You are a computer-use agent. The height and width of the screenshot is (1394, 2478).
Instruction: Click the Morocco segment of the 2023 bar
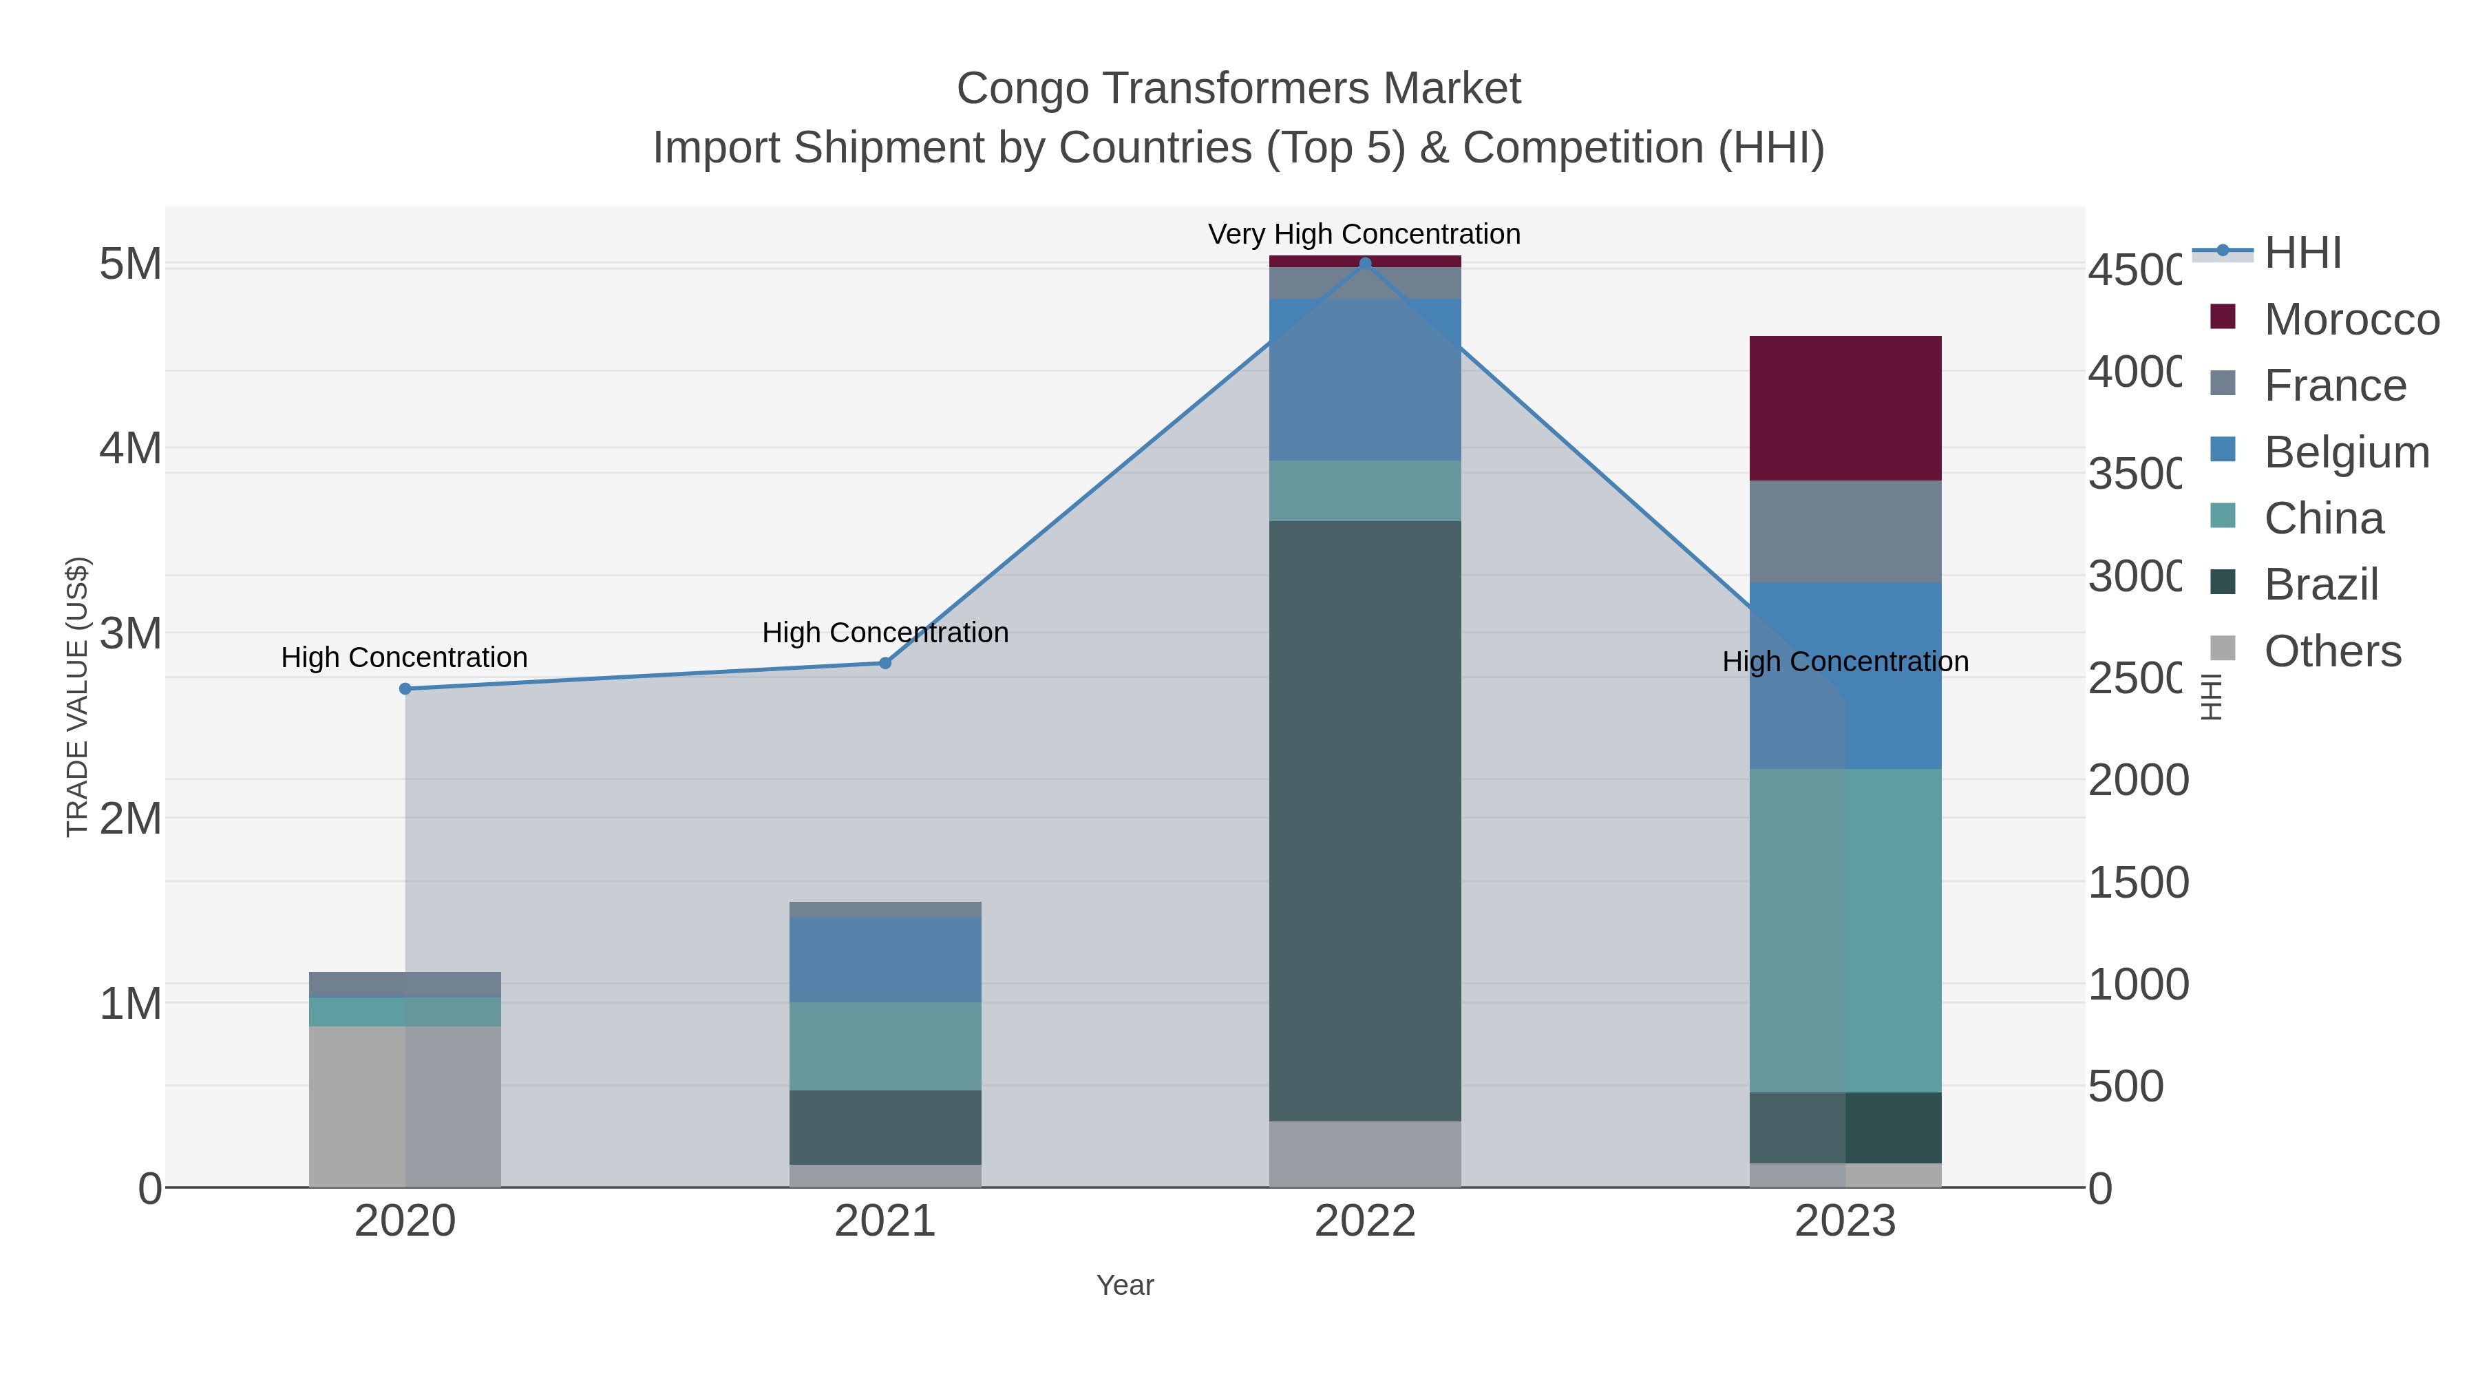[1844, 408]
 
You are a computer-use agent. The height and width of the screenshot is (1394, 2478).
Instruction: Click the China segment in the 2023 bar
[1844, 929]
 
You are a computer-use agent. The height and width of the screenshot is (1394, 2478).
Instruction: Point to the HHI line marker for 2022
[1364, 264]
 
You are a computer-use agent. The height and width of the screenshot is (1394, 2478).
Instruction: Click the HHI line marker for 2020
[405, 689]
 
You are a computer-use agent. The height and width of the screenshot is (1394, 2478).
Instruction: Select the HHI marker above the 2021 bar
[885, 663]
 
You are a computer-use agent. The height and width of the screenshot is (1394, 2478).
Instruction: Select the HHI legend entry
[2301, 253]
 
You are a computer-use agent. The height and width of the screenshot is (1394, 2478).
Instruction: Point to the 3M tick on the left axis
[131, 634]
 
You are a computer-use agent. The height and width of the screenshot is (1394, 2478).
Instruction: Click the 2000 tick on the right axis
[2137, 780]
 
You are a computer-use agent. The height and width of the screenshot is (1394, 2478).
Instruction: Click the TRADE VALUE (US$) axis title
[77, 697]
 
